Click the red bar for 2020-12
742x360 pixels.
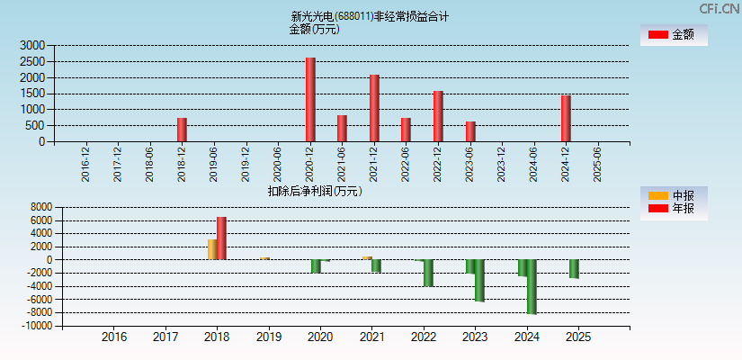[x=310, y=100]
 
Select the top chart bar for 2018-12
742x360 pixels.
[x=182, y=130]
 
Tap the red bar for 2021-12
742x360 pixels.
[x=374, y=108]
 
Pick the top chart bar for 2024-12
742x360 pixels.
[x=566, y=118]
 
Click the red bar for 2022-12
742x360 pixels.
[x=438, y=116]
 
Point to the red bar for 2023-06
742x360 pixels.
[x=470, y=131]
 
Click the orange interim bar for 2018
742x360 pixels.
[x=212, y=249]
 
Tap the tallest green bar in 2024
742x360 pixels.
[x=532, y=286]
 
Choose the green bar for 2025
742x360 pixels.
[x=574, y=268]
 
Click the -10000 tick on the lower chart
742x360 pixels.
[x=35, y=326]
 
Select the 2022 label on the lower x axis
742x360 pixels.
[x=423, y=337]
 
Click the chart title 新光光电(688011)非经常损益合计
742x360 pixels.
[x=370, y=16]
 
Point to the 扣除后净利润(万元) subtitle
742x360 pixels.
[x=314, y=191]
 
